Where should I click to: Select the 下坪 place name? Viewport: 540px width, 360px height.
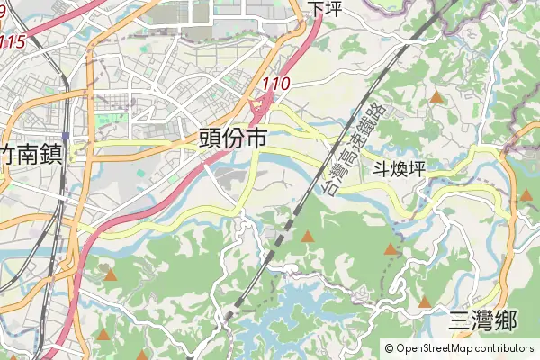tap(326, 8)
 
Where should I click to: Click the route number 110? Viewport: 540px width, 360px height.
tap(277, 84)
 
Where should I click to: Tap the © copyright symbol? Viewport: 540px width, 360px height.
tap(390, 348)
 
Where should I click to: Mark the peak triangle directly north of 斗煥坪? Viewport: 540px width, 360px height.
tap(436, 95)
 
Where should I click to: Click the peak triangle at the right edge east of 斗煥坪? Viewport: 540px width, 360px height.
tap(526, 194)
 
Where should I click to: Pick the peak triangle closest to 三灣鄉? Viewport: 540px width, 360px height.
tap(424, 301)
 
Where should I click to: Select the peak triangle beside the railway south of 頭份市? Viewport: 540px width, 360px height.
tap(308, 236)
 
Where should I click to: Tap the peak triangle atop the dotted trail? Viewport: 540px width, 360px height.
tap(391, 248)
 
